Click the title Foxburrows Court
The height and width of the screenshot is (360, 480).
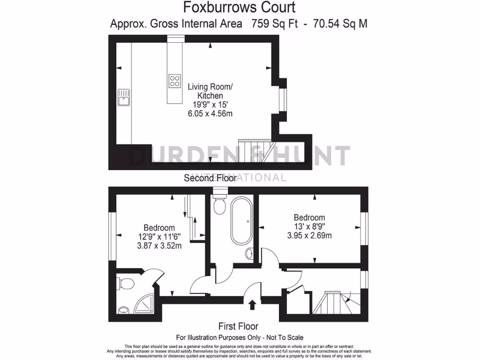pos(239,7)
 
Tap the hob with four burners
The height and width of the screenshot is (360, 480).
pos(175,81)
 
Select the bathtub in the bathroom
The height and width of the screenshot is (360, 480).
pos(241,221)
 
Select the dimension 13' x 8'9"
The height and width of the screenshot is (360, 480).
pos(309,227)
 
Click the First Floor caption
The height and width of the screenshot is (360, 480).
pos(238,326)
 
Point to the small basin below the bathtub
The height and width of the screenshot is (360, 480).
pos(249,254)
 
